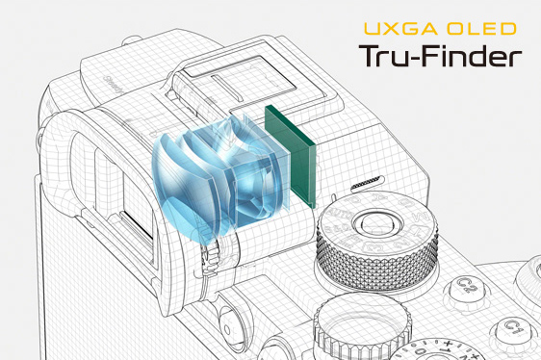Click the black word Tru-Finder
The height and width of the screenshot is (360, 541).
coord(440,56)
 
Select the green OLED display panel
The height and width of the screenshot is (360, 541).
coord(291,156)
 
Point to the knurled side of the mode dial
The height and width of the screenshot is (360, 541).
coord(377,263)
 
